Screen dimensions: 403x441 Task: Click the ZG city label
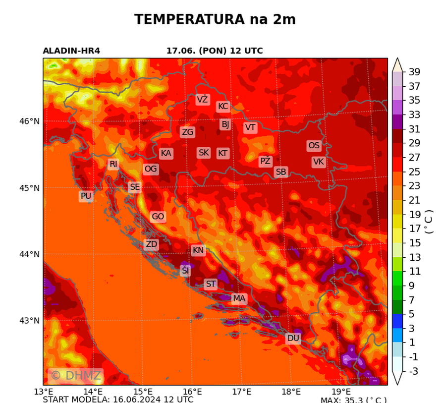click(187, 132)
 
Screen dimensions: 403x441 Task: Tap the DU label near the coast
click(293, 338)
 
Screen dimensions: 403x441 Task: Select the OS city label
click(314, 146)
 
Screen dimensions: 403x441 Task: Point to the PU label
click(86, 196)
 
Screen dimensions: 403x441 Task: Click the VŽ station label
click(202, 100)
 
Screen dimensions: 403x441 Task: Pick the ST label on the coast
click(211, 284)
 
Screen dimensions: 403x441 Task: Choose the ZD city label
click(151, 244)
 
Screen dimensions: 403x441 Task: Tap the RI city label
click(113, 164)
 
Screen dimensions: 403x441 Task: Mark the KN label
click(198, 250)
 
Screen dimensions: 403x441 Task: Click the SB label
click(281, 172)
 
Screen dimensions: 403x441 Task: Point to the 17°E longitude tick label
click(241, 392)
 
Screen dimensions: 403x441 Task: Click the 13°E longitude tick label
click(44, 392)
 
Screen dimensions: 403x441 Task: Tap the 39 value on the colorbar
click(414, 72)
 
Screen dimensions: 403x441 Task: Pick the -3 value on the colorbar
click(413, 371)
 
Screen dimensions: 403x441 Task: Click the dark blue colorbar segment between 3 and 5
click(397, 321)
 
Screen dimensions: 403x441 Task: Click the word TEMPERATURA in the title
click(189, 20)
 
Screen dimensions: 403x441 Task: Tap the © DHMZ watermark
click(75, 376)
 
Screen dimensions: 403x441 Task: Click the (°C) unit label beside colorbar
click(429, 222)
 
